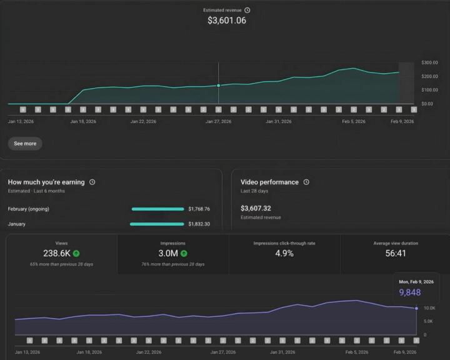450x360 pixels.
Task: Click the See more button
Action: pyautogui.click(x=25, y=144)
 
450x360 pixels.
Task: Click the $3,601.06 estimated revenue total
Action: pyautogui.click(x=226, y=21)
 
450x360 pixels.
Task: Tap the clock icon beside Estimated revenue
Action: pyautogui.click(x=247, y=10)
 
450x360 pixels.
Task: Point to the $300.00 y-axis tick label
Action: pyautogui.click(x=430, y=62)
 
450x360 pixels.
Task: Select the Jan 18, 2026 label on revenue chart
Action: pyautogui.click(x=83, y=122)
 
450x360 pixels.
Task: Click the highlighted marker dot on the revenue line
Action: pyautogui.click(x=218, y=86)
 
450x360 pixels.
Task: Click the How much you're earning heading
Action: pyautogui.click(x=46, y=182)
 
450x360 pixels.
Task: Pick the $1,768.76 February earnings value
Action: pyautogui.click(x=199, y=209)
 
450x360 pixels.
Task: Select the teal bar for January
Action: pyautogui.click(x=157, y=224)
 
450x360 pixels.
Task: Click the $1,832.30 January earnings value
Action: pyautogui.click(x=199, y=224)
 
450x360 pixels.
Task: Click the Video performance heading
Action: pyautogui.click(x=269, y=182)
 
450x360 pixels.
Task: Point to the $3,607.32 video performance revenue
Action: pyautogui.click(x=256, y=208)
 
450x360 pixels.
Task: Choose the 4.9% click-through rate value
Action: pyautogui.click(x=284, y=253)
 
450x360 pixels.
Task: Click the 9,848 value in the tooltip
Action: pyautogui.click(x=410, y=292)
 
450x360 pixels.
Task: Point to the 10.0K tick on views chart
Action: pyautogui.click(x=429, y=309)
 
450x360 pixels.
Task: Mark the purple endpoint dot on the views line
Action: pyautogui.click(x=416, y=308)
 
